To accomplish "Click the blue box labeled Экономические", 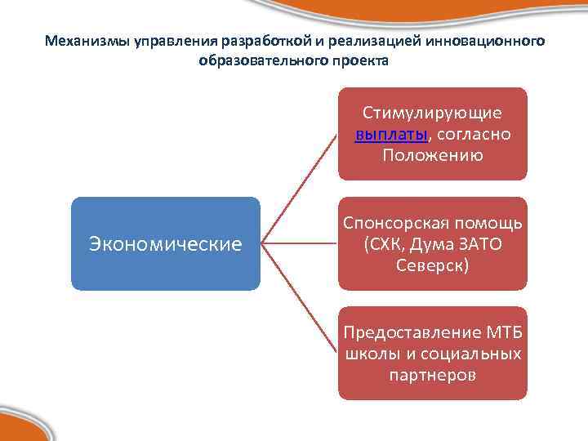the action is point(165,243).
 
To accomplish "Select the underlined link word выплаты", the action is point(387,135).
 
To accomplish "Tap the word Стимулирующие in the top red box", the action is point(432,114).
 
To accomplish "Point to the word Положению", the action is point(432,155).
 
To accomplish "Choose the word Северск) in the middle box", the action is point(432,265).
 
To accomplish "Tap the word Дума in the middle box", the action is point(434,243).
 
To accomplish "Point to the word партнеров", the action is point(432,375).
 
